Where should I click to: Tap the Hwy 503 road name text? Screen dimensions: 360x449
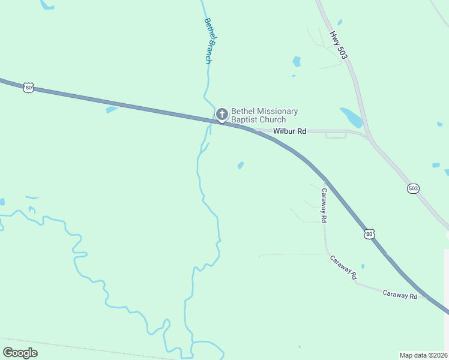pos(339,45)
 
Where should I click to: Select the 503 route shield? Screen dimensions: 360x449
pos(413,188)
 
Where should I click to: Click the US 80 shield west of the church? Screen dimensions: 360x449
pos(29,88)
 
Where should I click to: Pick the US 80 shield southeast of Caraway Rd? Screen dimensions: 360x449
pos(370,233)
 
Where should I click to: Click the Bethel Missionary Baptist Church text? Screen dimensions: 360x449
pos(264,116)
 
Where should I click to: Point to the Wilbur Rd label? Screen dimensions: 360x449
pos(290,131)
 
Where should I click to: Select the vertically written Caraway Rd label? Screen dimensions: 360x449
pos(324,206)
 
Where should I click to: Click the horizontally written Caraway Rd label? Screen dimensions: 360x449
pos(400,295)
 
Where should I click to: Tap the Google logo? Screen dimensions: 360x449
pos(20,353)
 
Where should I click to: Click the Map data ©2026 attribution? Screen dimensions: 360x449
pos(424,355)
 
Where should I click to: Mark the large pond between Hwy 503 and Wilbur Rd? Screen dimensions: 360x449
pos(352,117)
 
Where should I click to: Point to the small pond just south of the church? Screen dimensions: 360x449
pos(241,165)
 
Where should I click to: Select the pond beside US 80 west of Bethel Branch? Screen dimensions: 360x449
pos(112,109)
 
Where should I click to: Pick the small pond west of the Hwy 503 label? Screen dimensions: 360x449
pos(296,61)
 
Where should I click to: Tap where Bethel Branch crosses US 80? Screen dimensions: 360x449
pos(213,120)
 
